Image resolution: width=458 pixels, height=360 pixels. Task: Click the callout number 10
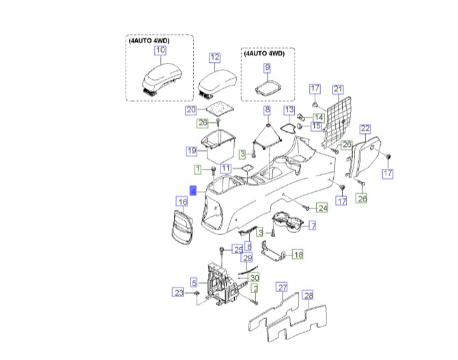(x=160, y=50)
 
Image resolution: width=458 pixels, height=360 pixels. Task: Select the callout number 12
(x=214, y=57)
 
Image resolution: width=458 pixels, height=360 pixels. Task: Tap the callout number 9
(x=267, y=67)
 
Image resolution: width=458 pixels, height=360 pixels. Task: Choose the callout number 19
(x=192, y=150)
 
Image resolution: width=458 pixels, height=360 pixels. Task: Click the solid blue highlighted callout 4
(x=194, y=192)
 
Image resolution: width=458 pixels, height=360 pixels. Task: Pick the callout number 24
(x=323, y=208)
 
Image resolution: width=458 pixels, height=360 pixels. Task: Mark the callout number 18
(x=298, y=254)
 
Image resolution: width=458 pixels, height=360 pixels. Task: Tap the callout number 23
(x=177, y=292)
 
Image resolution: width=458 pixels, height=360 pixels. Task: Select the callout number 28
(x=308, y=295)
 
